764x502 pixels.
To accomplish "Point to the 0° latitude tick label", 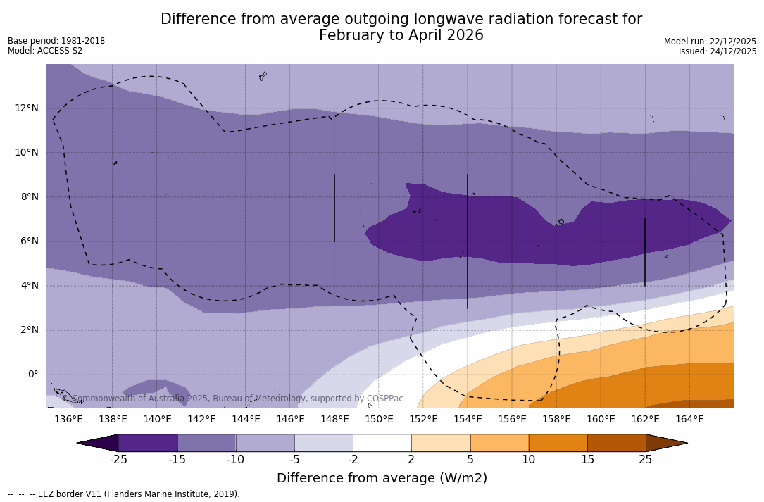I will (32, 374).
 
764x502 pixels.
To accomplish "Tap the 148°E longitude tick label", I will (334, 419).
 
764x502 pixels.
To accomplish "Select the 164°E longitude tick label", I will (689, 419).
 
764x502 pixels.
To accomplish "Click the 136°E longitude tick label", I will (68, 419).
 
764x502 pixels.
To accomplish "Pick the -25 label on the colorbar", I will (118, 460).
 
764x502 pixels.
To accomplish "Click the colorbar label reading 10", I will (528, 460).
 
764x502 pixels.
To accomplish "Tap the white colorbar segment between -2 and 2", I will (382, 443).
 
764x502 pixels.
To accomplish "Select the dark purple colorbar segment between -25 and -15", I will (148, 443).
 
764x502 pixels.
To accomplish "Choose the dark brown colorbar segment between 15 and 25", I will (616, 443).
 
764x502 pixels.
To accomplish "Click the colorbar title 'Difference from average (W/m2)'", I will (382, 478).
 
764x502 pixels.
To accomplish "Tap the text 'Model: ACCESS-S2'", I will (45, 51).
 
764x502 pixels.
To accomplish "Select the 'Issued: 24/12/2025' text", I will (718, 51).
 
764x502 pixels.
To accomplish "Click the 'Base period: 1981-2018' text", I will (56, 41).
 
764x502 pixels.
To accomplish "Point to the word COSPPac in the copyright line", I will (384, 399).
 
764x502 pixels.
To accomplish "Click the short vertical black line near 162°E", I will (645, 252).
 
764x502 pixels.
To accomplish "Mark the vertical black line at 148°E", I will (334, 208).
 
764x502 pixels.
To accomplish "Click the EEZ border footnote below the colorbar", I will (124, 494).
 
